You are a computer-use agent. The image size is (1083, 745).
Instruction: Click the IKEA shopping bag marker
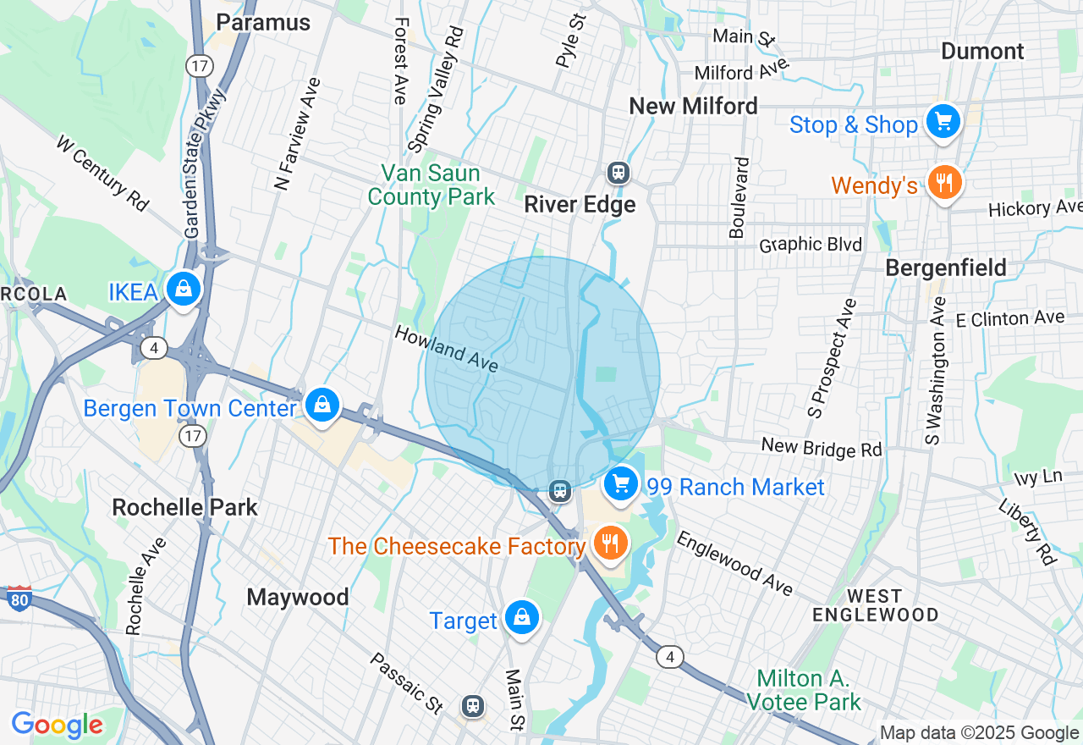click(x=183, y=290)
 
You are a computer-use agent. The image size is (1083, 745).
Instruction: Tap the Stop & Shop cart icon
click(x=943, y=121)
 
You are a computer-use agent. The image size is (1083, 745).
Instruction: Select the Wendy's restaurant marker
click(x=943, y=182)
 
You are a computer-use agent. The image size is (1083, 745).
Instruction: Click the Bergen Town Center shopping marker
click(x=322, y=405)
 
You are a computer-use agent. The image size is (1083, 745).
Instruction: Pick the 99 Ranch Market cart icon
click(x=622, y=483)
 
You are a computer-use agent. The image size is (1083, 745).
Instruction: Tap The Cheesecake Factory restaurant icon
click(x=609, y=543)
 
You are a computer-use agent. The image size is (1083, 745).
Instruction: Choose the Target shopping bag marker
click(x=522, y=618)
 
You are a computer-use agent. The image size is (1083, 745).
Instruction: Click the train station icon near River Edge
click(x=618, y=173)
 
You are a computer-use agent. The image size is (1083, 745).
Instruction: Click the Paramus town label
click(x=263, y=22)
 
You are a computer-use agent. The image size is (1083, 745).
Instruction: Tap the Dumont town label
click(x=982, y=51)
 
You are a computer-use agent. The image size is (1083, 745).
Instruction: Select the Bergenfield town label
click(x=946, y=268)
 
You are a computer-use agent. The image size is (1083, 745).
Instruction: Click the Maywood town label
click(x=298, y=597)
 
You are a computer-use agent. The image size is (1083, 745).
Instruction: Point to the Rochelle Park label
click(x=185, y=507)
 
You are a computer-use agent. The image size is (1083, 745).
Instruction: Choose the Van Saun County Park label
click(x=432, y=185)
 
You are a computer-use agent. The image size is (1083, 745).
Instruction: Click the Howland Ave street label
click(x=446, y=349)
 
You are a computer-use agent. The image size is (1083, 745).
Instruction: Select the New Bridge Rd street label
click(x=822, y=446)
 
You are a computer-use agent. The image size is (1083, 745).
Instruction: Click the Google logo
click(x=57, y=725)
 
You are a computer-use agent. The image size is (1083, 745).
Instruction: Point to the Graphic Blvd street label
click(x=811, y=245)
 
